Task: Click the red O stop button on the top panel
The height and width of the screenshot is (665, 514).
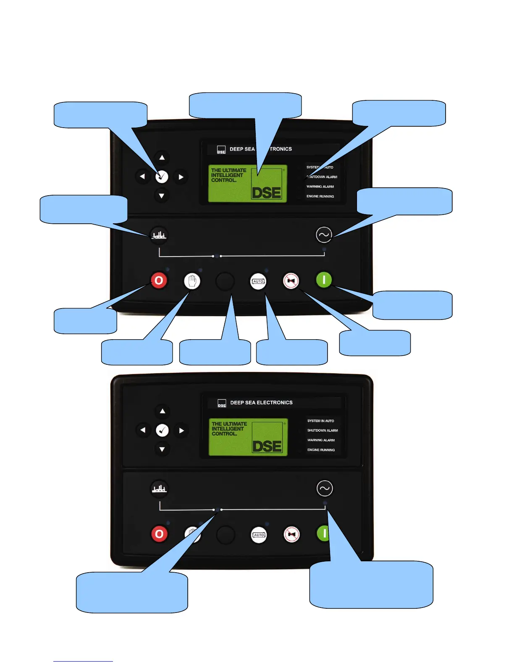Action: tap(159, 280)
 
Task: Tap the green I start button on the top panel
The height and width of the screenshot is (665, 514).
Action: tap(324, 280)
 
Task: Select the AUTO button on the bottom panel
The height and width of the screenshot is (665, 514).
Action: tap(259, 534)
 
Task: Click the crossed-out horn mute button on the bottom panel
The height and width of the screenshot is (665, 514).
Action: tap(291, 534)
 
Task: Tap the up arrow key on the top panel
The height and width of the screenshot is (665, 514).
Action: tap(162, 157)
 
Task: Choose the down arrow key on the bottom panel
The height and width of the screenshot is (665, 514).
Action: tap(162, 449)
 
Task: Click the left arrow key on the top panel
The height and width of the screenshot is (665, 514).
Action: tap(142, 177)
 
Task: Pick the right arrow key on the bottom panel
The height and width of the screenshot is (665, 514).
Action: tap(181, 430)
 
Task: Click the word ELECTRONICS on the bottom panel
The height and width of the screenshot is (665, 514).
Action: tap(275, 403)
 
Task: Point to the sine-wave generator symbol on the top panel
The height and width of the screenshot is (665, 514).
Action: tap(324, 235)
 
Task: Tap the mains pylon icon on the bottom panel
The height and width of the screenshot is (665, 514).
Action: tap(159, 489)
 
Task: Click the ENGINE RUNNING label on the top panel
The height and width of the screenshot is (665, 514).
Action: tap(320, 196)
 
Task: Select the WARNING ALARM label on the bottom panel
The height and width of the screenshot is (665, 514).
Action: tap(321, 440)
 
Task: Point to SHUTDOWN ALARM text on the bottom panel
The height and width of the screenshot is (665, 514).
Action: tap(323, 431)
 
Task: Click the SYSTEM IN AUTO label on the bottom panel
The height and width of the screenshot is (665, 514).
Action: tap(320, 421)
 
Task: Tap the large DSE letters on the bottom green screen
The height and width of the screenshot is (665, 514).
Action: tap(267, 446)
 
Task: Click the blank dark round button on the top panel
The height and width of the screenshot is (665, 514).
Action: tap(225, 281)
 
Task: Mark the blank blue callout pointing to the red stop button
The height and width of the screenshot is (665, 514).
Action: tap(85, 322)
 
